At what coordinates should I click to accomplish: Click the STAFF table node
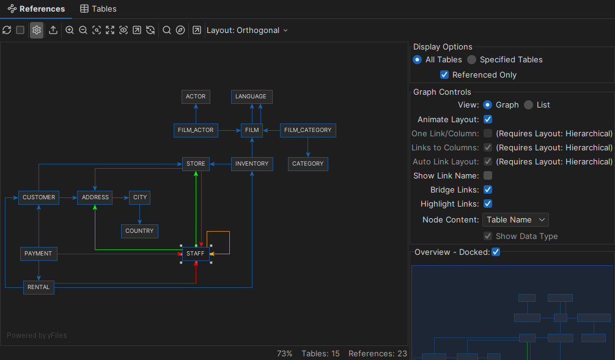click(196, 254)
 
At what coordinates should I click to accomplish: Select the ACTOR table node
click(196, 97)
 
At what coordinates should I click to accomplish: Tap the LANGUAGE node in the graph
click(251, 97)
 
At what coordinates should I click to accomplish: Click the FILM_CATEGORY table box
click(307, 130)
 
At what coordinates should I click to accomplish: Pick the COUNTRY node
click(139, 231)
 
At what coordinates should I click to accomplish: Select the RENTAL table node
click(39, 287)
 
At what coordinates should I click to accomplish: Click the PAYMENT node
click(39, 254)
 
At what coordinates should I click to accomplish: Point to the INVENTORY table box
click(252, 164)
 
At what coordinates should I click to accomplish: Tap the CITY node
click(140, 197)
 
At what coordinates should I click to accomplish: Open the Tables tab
click(98, 9)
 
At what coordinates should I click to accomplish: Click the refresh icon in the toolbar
click(7, 30)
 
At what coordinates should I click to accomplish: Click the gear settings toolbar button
click(37, 30)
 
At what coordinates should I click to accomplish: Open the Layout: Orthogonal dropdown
click(247, 30)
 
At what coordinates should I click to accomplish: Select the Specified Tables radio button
click(472, 60)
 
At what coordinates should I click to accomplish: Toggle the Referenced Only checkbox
click(444, 75)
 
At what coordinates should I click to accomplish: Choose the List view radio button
click(529, 105)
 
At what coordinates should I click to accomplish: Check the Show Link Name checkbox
click(488, 175)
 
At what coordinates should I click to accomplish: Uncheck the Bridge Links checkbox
click(488, 189)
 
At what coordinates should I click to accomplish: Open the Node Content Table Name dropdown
click(515, 219)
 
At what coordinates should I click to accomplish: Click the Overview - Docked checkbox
click(496, 252)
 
